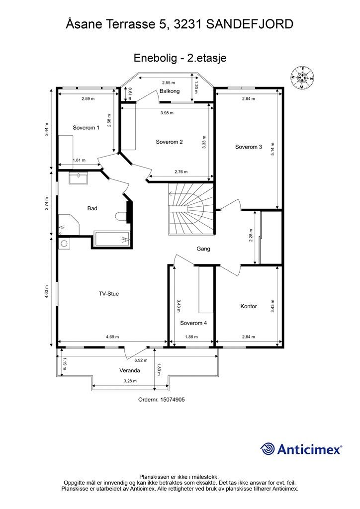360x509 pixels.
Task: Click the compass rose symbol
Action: coord(302,78)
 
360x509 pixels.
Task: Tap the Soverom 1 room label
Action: coord(86,128)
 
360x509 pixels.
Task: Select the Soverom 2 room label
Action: coord(169,142)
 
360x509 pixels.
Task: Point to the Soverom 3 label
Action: coord(248,147)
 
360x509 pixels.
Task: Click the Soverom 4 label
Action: coord(193,323)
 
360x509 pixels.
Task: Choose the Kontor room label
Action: coord(249,306)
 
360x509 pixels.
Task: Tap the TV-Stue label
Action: coord(109,294)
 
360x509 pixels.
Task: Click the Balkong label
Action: coord(170,91)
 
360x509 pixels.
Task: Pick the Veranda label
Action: coord(130,370)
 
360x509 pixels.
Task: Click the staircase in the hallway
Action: coord(191,208)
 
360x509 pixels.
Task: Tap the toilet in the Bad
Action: coord(121,216)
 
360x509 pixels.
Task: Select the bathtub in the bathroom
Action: coord(112,240)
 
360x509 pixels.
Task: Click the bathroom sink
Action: coord(78,178)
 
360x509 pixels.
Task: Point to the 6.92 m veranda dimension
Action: coord(141,360)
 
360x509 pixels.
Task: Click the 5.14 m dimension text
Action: coord(272,149)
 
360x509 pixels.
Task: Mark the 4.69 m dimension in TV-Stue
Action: coord(112,337)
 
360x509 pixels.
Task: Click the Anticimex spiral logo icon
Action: coord(268,449)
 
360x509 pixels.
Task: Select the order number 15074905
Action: coord(173,400)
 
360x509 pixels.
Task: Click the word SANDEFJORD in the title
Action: coord(250,24)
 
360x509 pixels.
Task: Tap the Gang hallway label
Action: coord(203,249)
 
